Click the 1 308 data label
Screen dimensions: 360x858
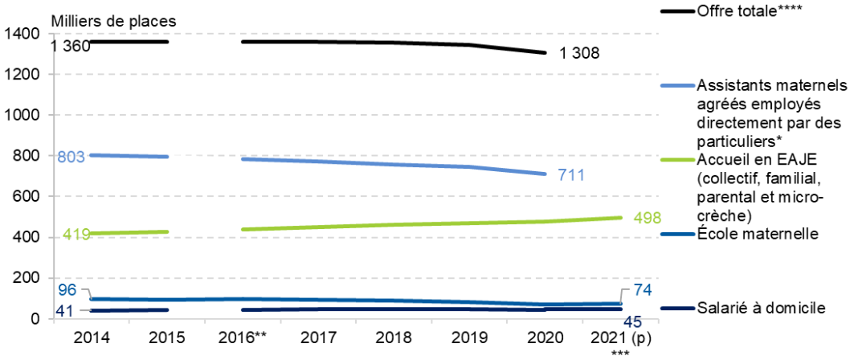click(579, 54)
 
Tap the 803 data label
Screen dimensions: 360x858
click(70, 157)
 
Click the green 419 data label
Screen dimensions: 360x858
click(76, 235)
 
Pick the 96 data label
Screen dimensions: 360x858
click(67, 289)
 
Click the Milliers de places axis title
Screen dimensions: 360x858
click(112, 19)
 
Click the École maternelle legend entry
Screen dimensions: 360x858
click(758, 234)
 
